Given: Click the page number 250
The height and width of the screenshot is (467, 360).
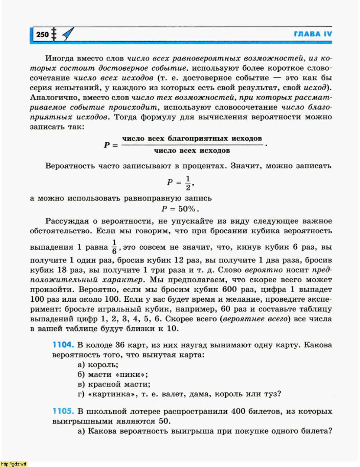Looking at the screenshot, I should [x=42, y=35].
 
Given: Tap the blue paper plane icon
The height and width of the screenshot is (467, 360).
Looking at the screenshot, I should [x=68, y=34].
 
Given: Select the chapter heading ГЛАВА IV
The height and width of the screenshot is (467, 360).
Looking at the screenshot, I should [x=313, y=34].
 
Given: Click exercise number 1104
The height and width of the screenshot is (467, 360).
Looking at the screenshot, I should [x=63, y=345].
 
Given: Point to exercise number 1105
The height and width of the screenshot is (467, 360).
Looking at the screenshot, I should [x=63, y=411].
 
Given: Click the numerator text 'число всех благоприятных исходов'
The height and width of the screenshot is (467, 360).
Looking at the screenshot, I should [x=192, y=139].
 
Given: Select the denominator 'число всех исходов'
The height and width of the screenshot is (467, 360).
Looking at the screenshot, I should [x=192, y=150].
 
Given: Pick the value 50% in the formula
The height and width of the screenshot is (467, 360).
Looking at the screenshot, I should [x=188, y=209].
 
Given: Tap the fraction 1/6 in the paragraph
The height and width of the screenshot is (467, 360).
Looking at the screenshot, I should [x=114, y=246].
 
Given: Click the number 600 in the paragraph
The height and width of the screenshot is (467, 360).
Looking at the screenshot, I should [x=229, y=289].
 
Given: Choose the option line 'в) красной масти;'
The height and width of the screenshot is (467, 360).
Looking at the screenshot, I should [x=114, y=384].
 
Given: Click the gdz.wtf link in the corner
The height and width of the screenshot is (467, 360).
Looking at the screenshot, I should [x=14, y=464].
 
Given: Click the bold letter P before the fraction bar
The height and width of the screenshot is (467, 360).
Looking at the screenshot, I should [x=107, y=145].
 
